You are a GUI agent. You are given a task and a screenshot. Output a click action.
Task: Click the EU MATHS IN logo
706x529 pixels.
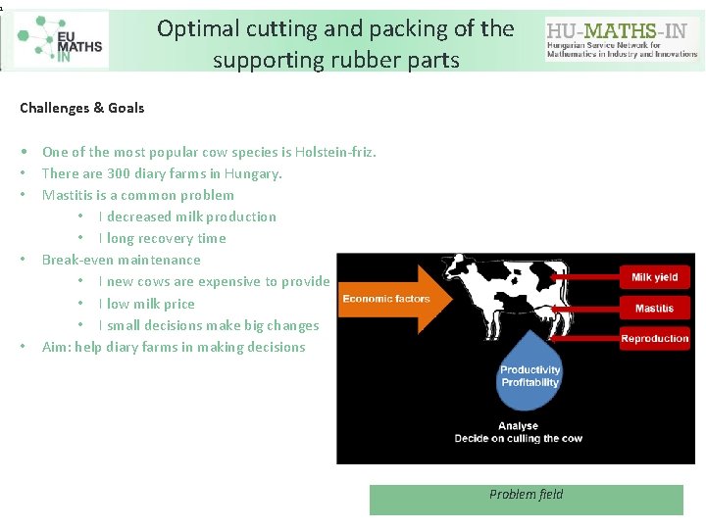click(61, 39)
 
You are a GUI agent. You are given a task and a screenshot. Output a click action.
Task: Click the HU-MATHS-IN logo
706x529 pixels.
click(622, 40)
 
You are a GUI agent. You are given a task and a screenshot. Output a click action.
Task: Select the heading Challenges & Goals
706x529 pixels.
click(82, 108)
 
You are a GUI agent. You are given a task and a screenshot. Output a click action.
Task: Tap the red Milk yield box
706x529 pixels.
click(654, 277)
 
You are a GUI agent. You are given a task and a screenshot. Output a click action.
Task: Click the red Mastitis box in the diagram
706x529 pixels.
click(654, 309)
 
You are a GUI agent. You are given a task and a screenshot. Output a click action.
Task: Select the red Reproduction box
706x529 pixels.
click(654, 339)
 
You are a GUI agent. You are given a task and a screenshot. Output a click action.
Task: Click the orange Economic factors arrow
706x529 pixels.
click(385, 299)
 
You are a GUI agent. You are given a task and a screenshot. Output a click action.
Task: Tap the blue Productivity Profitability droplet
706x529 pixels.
click(530, 373)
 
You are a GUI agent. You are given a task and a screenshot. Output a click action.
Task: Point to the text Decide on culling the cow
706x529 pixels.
click(518, 438)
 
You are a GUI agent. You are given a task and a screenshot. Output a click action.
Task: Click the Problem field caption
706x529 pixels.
click(527, 495)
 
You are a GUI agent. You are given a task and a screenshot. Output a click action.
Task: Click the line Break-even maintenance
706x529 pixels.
click(121, 260)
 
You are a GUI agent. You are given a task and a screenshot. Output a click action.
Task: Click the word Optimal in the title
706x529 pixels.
click(194, 29)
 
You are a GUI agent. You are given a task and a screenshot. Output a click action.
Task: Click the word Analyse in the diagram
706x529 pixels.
click(518, 426)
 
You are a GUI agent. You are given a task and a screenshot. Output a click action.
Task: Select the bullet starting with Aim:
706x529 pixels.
click(174, 347)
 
